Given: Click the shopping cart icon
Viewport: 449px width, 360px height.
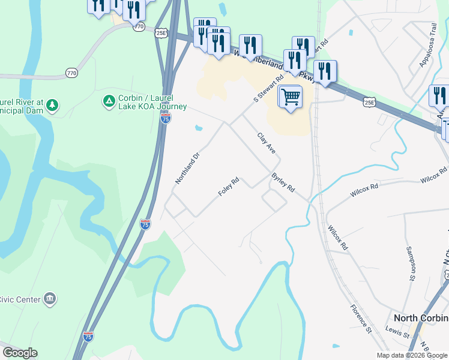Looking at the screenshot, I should (x=290, y=96).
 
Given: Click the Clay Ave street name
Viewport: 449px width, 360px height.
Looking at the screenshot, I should (x=266, y=144).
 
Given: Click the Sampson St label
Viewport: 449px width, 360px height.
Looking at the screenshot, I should (x=411, y=263).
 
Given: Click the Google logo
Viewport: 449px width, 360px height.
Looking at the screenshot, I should (x=20, y=353).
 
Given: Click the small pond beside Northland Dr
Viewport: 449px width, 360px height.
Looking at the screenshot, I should (x=197, y=127).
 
